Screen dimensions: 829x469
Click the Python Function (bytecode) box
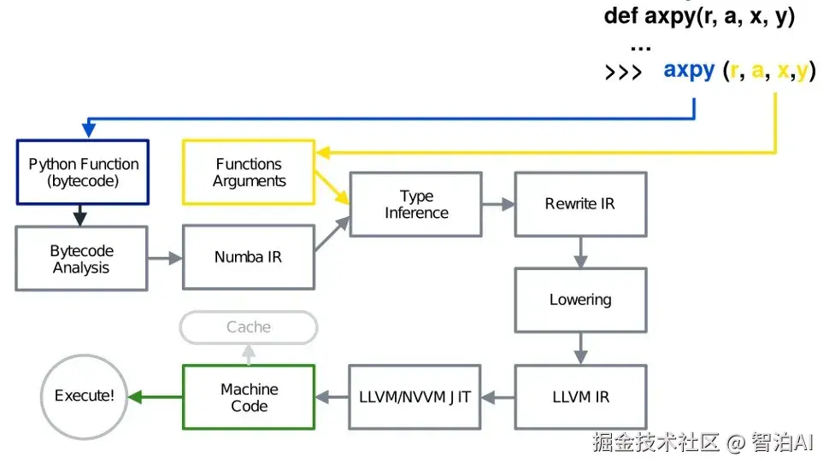(83, 173)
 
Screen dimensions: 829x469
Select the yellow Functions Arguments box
(249, 173)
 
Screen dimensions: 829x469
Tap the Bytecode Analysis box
(81, 259)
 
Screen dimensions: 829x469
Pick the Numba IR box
(249, 257)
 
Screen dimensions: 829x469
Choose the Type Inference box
(415, 204)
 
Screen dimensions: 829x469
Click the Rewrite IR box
(580, 204)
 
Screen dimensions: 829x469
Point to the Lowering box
(580, 301)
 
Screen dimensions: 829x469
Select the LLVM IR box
(580, 397)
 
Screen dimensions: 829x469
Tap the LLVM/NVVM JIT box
(414, 397)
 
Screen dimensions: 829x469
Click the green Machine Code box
(249, 397)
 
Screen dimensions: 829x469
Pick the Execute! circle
(84, 396)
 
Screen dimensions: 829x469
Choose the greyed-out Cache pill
(249, 327)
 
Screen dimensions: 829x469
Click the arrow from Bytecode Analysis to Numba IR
(165, 258)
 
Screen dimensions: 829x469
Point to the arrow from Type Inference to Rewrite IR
(498, 204)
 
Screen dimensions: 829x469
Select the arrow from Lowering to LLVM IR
(580, 349)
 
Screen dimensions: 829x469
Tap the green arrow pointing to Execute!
(156, 396)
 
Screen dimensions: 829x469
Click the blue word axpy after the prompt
(689, 70)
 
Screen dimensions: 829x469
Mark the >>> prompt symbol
(623, 72)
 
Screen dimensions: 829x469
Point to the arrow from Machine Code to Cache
(249, 355)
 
